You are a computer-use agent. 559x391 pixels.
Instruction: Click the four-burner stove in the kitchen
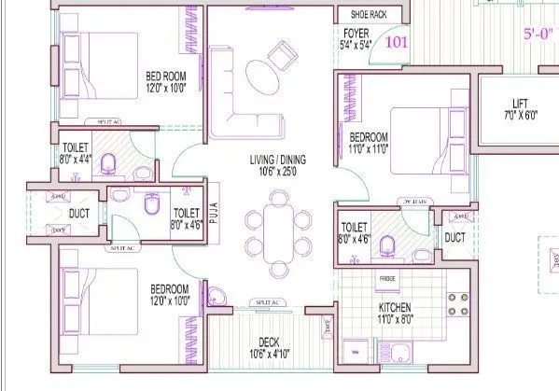pyautogui.click(x=458, y=304)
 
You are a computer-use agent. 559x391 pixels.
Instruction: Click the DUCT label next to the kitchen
pyautogui.click(x=454, y=239)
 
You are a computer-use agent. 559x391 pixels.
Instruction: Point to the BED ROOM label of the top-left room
pyautogui.click(x=164, y=81)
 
